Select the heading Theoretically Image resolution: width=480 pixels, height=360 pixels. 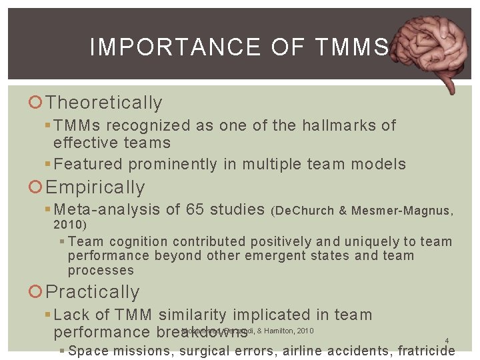point(104,103)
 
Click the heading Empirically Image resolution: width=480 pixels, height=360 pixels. point(95,187)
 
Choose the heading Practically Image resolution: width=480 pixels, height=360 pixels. point(93,292)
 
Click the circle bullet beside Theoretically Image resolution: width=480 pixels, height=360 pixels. point(37,103)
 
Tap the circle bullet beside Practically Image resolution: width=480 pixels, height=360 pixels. point(37,293)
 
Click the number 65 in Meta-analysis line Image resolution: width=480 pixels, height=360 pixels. point(195,210)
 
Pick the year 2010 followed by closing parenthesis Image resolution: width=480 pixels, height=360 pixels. point(69,225)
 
